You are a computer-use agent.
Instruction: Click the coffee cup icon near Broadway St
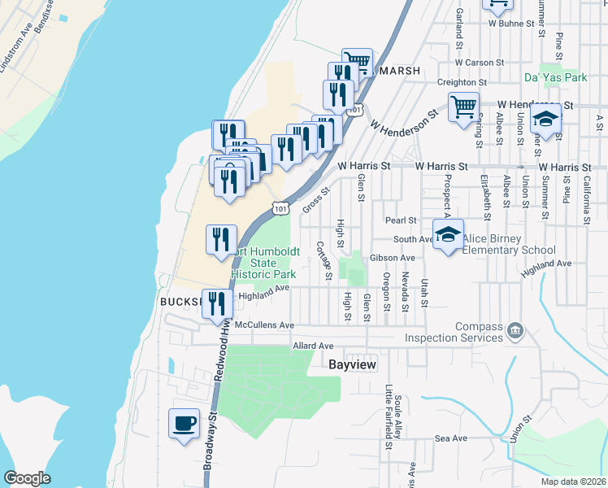point(184,423)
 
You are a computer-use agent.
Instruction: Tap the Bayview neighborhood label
point(353,365)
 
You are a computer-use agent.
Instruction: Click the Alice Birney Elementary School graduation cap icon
point(447,235)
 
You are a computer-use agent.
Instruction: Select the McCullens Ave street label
point(264,325)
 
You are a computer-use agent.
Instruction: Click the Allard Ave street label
point(313,346)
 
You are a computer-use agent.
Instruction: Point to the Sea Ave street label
point(451,438)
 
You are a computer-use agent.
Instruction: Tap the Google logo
point(27,478)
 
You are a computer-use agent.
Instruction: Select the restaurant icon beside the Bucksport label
point(217,304)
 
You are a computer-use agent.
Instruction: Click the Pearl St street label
point(401,220)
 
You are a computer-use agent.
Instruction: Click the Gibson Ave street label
point(392,258)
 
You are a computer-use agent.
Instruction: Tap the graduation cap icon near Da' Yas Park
point(546,120)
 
